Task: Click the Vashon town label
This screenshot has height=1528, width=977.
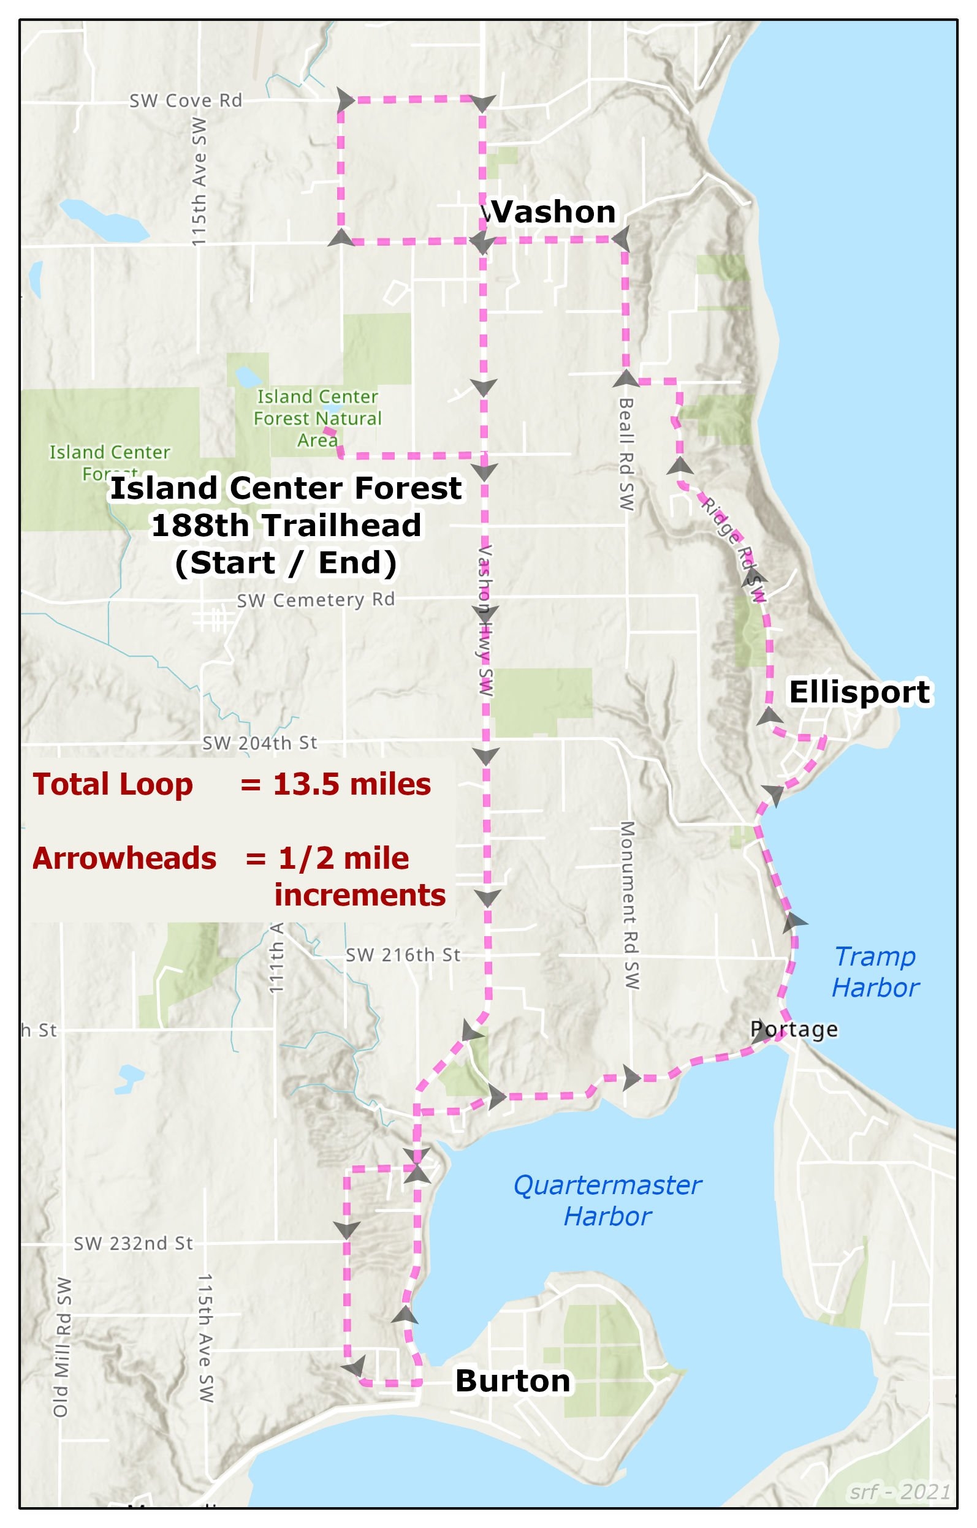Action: (x=550, y=211)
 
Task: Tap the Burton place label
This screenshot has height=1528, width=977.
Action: (x=512, y=1382)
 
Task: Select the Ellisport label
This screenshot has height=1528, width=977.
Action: (x=859, y=692)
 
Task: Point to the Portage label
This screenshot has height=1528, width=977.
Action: (x=794, y=1029)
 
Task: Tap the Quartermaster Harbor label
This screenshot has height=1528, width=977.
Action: (x=607, y=1201)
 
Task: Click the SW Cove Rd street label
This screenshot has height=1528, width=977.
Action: (x=185, y=100)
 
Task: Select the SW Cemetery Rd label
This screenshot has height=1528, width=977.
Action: (x=316, y=600)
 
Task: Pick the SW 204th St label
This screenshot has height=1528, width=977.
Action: (x=259, y=743)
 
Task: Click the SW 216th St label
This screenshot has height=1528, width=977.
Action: (x=403, y=955)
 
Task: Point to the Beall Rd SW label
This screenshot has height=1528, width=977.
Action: (x=626, y=454)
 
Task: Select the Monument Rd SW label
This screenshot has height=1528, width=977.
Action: (x=628, y=905)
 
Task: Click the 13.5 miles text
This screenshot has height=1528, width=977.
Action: (x=352, y=784)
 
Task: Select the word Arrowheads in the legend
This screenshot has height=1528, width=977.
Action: (x=124, y=858)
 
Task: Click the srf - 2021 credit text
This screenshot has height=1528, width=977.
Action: (x=900, y=1491)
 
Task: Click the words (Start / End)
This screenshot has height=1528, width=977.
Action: (x=286, y=563)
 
